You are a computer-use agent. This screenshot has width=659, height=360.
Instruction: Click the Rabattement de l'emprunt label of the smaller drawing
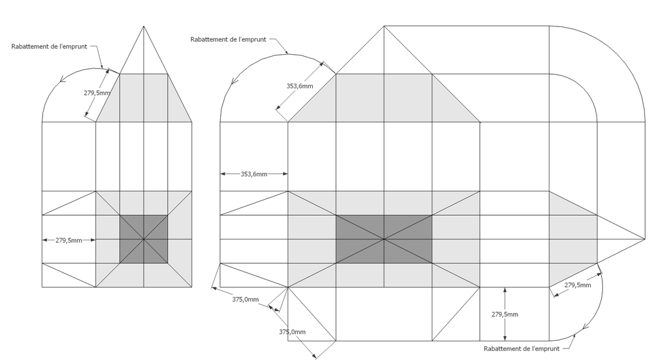click(49, 46)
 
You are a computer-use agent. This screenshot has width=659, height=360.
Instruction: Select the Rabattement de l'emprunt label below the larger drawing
click(521, 348)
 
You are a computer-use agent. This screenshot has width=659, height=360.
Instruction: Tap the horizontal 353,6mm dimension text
click(254, 174)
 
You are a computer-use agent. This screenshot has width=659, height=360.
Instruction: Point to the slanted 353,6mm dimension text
click(300, 86)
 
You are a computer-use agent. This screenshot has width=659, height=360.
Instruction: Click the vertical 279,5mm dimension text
click(505, 314)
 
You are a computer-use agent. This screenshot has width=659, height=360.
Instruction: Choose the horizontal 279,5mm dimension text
click(68, 241)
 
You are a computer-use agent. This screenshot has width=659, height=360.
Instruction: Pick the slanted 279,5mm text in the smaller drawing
click(97, 93)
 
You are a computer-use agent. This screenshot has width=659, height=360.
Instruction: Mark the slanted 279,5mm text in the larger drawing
click(577, 285)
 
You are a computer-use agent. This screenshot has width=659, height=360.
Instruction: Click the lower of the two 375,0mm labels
click(292, 332)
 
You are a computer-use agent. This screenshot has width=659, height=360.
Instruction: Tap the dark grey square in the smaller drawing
click(144, 240)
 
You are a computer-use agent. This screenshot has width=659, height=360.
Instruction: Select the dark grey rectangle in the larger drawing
click(384, 240)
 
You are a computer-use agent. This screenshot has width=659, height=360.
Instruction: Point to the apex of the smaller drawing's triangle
click(144, 26)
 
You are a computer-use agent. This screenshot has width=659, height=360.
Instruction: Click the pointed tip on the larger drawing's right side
click(644, 240)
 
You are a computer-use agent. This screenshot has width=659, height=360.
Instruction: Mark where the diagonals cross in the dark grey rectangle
click(384, 240)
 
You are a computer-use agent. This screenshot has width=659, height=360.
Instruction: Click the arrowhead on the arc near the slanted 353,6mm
click(234, 80)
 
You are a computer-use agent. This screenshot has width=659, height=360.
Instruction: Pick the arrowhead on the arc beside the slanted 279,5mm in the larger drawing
click(584, 327)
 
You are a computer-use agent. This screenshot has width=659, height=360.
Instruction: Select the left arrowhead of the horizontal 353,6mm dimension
click(223, 174)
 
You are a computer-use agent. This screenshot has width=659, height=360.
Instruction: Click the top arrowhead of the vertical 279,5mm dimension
click(505, 290)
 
